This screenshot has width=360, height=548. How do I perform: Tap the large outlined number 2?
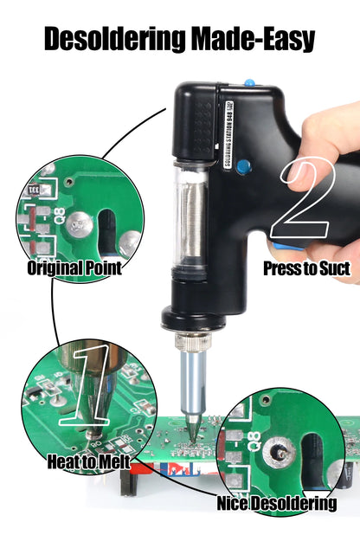pyautogui.click(x=306, y=200)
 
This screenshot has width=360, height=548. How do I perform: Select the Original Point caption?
pyautogui.click(x=74, y=268)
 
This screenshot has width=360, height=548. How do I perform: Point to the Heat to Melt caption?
pyautogui.click(x=89, y=462)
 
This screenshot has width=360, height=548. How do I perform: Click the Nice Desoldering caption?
pyautogui.click(x=277, y=503)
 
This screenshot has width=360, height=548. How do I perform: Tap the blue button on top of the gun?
pyautogui.click(x=249, y=84)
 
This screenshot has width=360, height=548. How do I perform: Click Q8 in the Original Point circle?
pyautogui.click(x=58, y=217)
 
